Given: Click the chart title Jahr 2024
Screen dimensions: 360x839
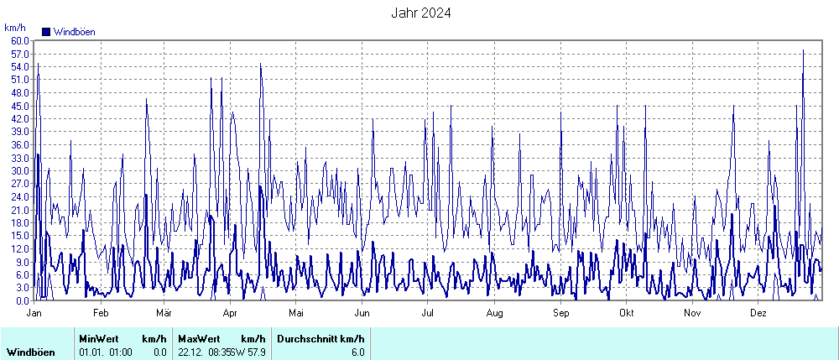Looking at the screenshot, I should point(421,13).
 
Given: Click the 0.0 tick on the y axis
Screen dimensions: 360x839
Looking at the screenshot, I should point(23,300).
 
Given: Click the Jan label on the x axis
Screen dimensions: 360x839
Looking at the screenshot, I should point(34,312).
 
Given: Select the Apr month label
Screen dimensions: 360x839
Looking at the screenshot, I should point(231,312).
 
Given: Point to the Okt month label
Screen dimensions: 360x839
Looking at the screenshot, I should point(626,312).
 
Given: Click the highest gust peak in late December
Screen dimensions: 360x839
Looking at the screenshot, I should point(803,50).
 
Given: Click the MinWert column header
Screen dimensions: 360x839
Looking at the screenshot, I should point(99,338).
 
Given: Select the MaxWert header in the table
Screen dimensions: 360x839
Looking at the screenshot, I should point(198,338).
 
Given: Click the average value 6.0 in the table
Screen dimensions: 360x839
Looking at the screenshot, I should point(357,352).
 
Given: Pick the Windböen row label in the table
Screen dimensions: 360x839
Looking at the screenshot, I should point(31,352).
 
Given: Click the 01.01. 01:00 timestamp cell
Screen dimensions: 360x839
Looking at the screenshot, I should point(106,352).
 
